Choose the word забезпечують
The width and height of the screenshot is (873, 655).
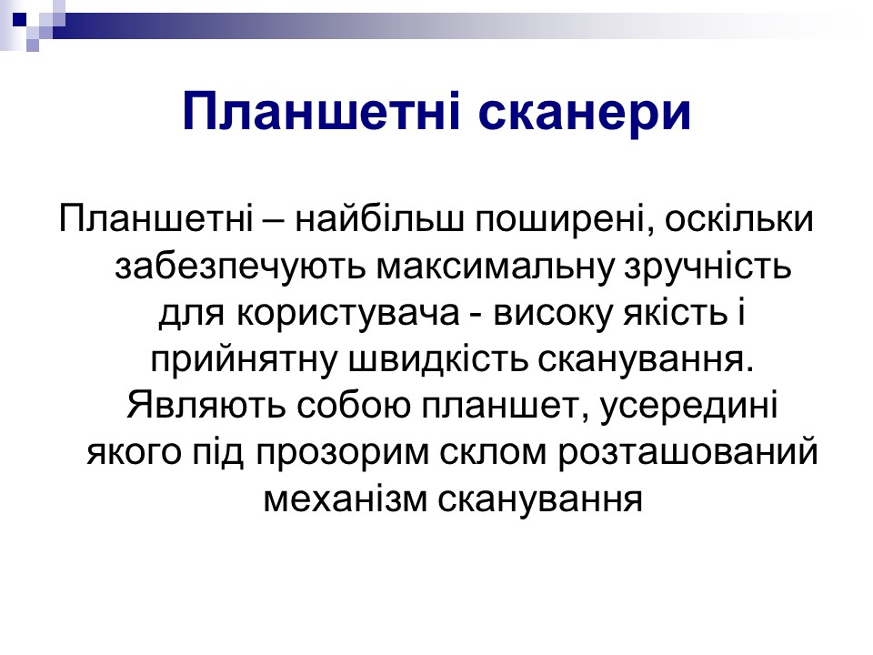(x=240, y=267)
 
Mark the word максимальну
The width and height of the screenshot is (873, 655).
(x=495, y=267)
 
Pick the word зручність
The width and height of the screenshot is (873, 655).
(x=707, y=267)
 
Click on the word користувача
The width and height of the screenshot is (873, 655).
(x=348, y=314)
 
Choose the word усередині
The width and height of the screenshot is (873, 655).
(x=688, y=406)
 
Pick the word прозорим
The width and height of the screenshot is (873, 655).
(x=343, y=453)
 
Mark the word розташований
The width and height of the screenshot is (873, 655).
(x=688, y=452)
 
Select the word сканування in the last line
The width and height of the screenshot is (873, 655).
(x=540, y=499)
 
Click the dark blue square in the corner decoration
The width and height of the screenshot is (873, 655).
(x=19, y=19)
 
